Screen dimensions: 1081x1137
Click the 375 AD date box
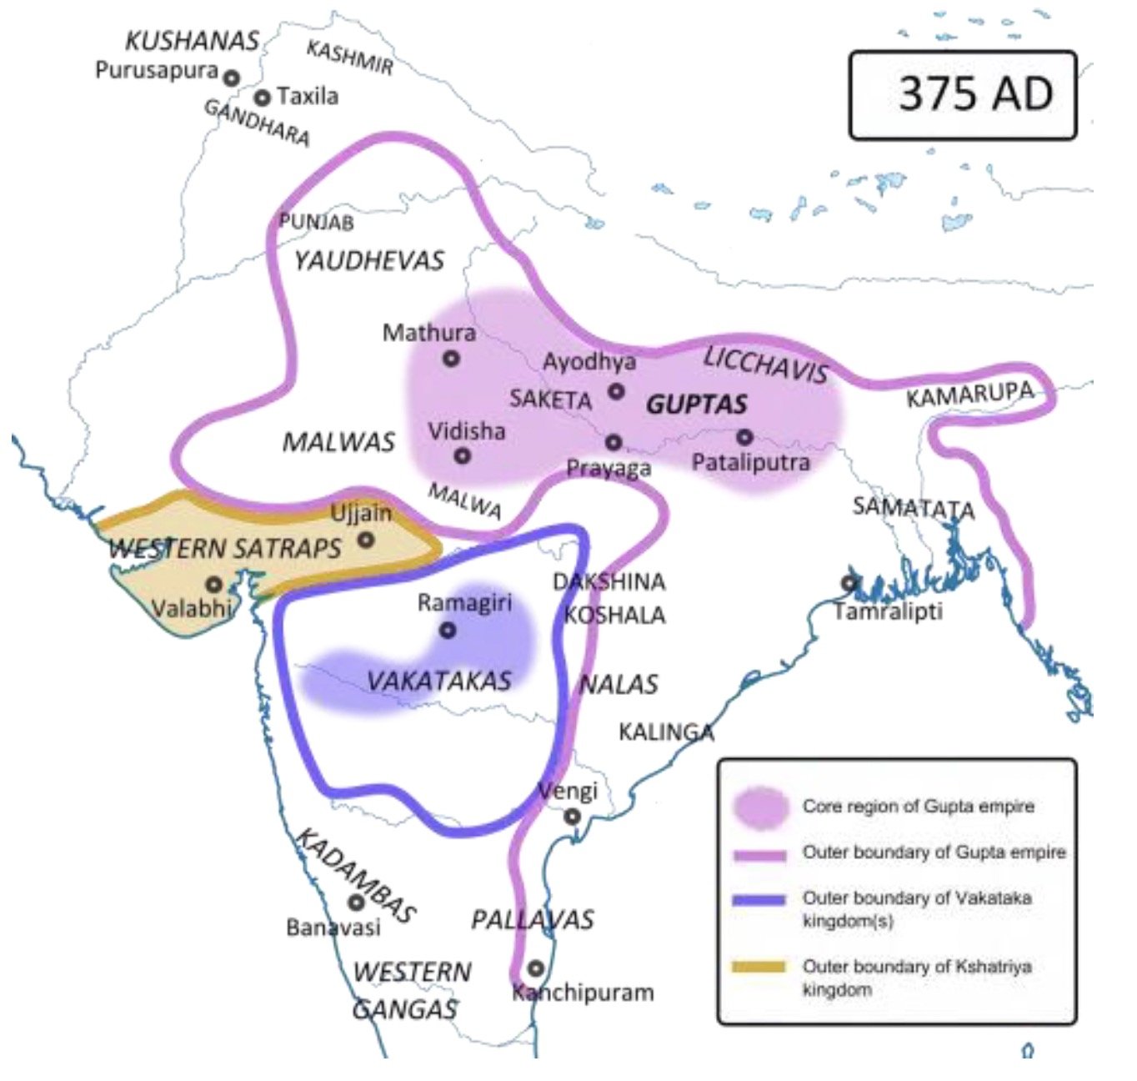(963, 94)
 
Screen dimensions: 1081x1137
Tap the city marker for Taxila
(263, 98)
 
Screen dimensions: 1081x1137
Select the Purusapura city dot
(231, 78)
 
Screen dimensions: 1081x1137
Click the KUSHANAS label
(192, 42)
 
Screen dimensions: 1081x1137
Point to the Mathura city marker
(451, 359)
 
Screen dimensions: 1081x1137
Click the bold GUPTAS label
(697, 405)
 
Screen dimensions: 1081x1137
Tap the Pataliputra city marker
(744, 436)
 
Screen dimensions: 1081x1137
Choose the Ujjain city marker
(366, 540)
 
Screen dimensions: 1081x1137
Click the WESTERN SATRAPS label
(225, 548)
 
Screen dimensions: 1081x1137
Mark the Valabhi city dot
(214, 585)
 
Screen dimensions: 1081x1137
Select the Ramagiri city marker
(448, 630)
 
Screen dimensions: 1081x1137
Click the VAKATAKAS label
(438, 681)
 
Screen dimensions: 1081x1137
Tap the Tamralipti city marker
(849, 583)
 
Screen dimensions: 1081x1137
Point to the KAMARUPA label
(969, 394)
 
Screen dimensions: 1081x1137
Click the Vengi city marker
(572, 817)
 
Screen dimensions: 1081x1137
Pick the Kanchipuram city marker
(535, 968)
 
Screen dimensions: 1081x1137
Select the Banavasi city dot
(357, 902)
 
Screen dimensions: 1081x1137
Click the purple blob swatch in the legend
(760, 807)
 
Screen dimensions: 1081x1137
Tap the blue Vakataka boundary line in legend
(759, 900)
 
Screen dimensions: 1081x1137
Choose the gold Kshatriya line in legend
(759, 968)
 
